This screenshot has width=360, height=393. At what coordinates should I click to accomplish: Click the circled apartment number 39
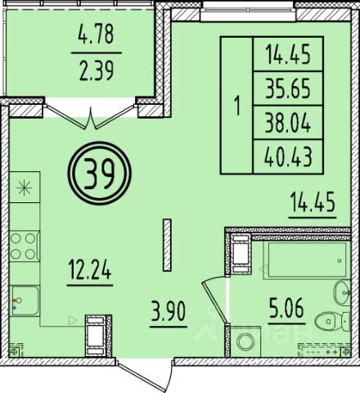pos(100,173)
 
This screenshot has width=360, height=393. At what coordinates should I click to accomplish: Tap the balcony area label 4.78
pos(96,34)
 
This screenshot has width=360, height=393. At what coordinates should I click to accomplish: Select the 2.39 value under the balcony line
pos(97,71)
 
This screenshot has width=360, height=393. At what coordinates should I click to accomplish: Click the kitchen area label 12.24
pos(90,269)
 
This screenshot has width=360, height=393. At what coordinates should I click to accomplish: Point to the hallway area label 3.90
pos(169,312)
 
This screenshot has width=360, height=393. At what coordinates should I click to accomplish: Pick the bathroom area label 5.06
pos(286,308)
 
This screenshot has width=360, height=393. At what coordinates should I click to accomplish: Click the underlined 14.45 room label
pos(313,201)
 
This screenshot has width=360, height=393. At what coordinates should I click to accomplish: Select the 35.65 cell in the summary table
pos(288,88)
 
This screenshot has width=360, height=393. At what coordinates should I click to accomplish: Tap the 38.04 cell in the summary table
pos(288,123)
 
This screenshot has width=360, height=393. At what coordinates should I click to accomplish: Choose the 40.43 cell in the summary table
pos(288,157)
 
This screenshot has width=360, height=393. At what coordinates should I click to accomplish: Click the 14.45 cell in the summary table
pos(288,54)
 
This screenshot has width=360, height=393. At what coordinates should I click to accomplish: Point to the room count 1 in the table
pos(237,106)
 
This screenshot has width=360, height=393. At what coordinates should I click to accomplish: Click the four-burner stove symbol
pos(25,246)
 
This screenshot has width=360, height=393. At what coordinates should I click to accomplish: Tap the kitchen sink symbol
pos(25,300)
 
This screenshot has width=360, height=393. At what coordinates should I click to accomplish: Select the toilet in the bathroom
pos(332,322)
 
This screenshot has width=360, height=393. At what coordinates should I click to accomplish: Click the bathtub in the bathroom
pos(307,260)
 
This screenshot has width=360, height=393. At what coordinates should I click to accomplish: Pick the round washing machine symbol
pos(245,341)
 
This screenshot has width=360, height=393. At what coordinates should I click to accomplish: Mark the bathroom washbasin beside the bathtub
pos(342,293)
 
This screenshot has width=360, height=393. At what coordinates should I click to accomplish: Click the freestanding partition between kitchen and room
pos(167,245)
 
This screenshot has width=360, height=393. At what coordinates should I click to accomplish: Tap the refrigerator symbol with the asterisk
pos(25,187)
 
